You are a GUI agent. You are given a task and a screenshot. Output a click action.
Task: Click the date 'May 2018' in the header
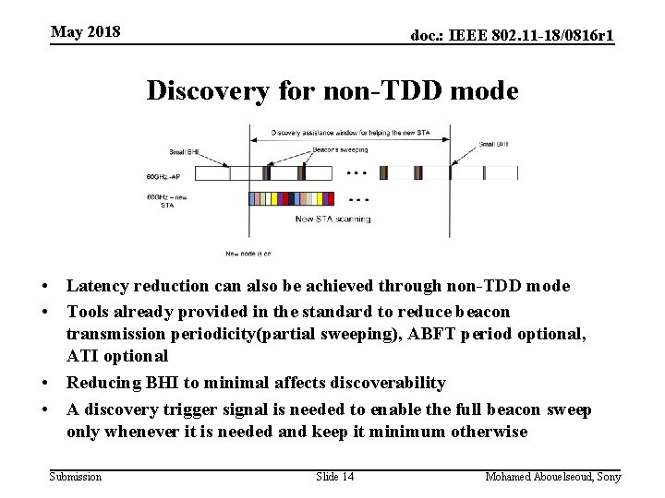[x=86, y=32]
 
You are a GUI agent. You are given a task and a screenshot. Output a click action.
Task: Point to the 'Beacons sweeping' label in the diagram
[x=341, y=149]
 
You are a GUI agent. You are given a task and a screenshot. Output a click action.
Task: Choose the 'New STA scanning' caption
[x=332, y=219]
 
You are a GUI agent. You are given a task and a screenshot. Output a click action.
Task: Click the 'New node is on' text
[x=248, y=253]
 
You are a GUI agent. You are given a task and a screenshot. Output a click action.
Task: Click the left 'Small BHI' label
[x=184, y=152]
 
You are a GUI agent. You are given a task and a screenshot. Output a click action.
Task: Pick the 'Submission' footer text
[x=76, y=476]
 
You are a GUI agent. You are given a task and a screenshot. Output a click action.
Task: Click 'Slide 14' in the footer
[x=335, y=476]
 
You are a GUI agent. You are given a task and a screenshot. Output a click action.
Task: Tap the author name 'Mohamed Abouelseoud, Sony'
[x=553, y=476]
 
